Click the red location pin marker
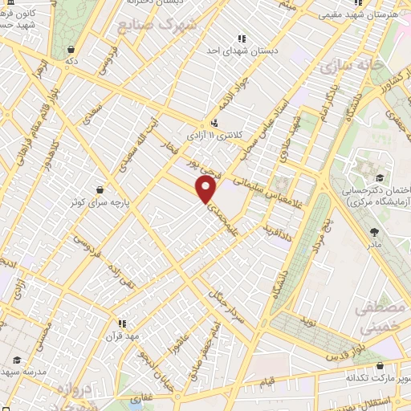(206, 189)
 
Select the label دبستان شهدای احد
(240, 51)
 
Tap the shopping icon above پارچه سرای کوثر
(99, 189)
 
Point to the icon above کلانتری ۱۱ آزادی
(214, 123)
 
